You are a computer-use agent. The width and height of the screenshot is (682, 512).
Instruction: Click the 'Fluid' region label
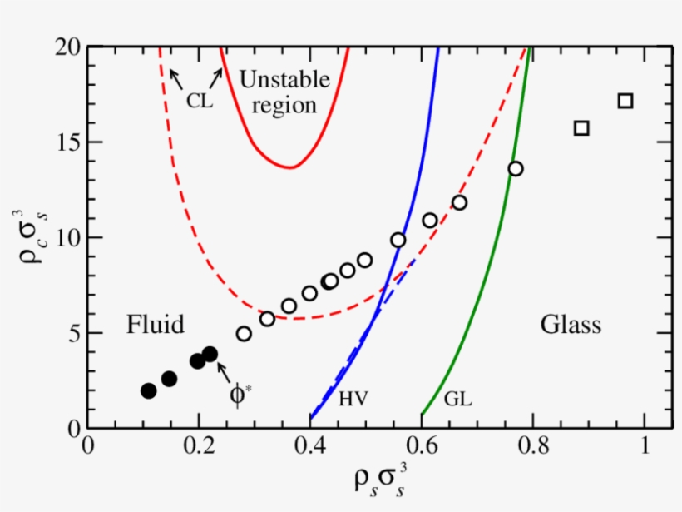click(x=155, y=324)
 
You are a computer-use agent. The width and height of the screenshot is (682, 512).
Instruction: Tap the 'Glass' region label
click(x=571, y=324)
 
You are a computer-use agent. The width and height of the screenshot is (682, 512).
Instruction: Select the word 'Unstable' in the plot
click(x=284, y=80)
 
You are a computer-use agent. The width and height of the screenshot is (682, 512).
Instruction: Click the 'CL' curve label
click(x=199, y=102)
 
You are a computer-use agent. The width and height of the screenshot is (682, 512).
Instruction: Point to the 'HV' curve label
click(x=353, y=400)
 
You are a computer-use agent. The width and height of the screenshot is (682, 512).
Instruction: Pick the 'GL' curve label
click(x=457, y=400)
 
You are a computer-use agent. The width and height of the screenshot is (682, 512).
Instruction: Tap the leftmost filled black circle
click(x=149, y=390)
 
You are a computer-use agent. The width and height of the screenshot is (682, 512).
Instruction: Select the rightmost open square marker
click(x=625, y=101)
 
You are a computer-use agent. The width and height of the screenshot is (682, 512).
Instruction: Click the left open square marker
click(x=581, y=127)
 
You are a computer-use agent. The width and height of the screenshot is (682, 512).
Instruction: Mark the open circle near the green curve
click(x=516, y=169)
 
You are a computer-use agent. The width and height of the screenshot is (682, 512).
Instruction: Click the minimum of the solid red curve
click(x=289, y=167)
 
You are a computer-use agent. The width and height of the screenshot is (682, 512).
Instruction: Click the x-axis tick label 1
click(x=644, y=447)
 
